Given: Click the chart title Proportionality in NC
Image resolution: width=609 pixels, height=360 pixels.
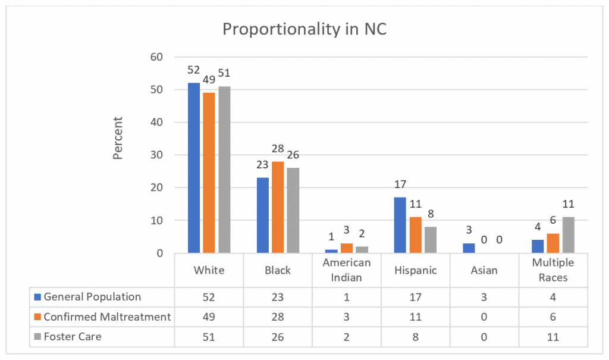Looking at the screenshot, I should coord(304,29).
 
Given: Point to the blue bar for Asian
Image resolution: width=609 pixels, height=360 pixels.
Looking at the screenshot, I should coord(469,248).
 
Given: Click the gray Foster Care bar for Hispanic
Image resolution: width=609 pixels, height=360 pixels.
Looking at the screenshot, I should coord(430,240).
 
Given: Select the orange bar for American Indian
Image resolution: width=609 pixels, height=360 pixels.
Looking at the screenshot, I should coord(346,248).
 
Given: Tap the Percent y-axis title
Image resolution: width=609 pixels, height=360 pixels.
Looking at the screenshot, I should coord(118,138).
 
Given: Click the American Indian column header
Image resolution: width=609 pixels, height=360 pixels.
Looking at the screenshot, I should coord(347,270).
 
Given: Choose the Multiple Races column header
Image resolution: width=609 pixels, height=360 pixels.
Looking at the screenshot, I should coord(554,270).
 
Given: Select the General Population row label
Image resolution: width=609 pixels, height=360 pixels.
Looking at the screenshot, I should coord(92,297).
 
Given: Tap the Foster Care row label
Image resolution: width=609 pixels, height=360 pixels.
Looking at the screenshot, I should coord(73,337).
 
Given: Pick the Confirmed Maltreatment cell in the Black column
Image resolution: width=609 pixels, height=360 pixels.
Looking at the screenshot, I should coord(278,317).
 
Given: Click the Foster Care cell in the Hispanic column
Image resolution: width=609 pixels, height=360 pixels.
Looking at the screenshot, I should coord(416,337).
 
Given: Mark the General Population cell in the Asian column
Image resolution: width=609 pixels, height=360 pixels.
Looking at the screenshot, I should coord(485,297).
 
